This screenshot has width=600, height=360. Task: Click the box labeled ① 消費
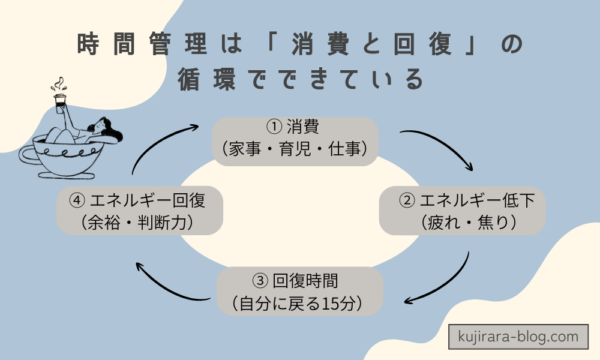pyautogui.click(x=295, y=139)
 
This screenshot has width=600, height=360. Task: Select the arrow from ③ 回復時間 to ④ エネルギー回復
pyautogui.click(x=160, y=281)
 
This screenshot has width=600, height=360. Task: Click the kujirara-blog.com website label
pyautogui.click(x=521, y=336)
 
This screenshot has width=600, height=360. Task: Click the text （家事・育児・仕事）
pyautogui.click(x=295, y=149)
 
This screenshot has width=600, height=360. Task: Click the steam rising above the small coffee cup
pyautogui.click(x=62, y=78)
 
